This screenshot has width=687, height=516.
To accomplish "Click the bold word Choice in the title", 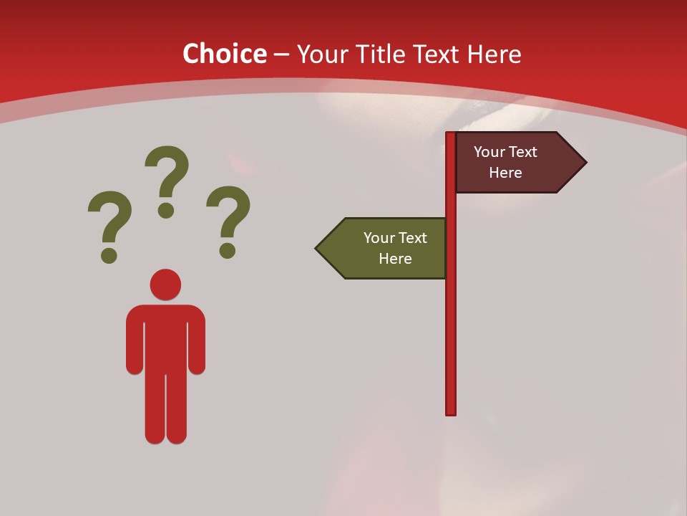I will (224, 54).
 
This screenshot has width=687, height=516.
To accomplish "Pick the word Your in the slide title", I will (320, 54).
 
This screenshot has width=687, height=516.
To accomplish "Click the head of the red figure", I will (165, 285).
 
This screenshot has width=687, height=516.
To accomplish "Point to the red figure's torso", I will (165, 337).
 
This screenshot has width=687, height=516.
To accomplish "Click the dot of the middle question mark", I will (166, 210).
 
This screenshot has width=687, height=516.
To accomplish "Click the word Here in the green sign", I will (395, 259).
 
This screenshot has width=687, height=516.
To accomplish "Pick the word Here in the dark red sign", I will (505, 173).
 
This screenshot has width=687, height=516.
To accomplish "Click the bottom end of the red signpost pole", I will (451, 411).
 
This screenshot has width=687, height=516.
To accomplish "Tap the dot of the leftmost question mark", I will (109, 255).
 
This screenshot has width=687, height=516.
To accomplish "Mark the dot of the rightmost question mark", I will (228, 250).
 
